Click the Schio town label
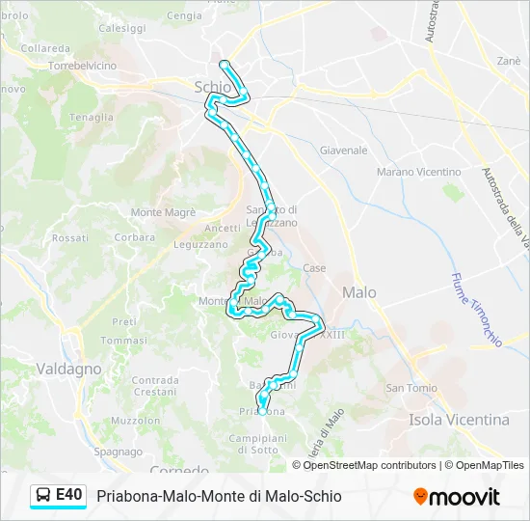pyautogui.click(x=213, y=87)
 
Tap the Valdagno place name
pyautogui.click(x=68, y=369)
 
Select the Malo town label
pyautogui.click(x=359, y=292)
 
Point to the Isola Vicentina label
pyautogui.click(x=459, y=420)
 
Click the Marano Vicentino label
pyautogui.click(x=418, y=172)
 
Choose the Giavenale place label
pyautogui.click(x=344, y=151)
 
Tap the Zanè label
pyautogui.click(x=509, y=60)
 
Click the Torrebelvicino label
pyautogui.click(x=83, y=66)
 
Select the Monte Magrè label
pyautogui.click(x=163, y=212)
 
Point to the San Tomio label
pyautogui.click(x=407, y=388)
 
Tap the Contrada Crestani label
pyautogui.click(x=155, y=386)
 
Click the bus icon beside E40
pyautogui.click(x=44, y=496)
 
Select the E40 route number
pyautogui.click(x=69, y=495)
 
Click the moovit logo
pyautogui.click(x=457, y=497)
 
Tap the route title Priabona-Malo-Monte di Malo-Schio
pyautogui.click(x=219, y=496)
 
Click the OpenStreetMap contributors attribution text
pyautogui.click(x=370, y=465)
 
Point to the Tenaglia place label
pyautogui.click(x=91, y=118)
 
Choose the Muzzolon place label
pyautogui.click(x=136, y=422)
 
